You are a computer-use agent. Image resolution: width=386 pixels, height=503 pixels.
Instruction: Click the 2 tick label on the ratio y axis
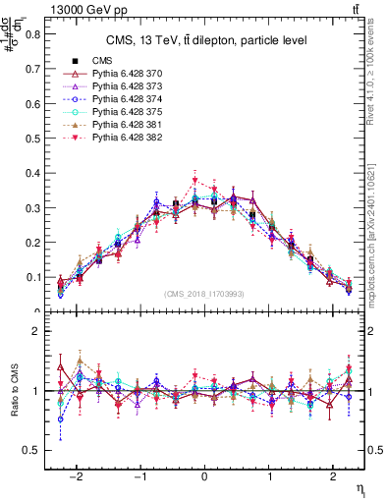(36, 332)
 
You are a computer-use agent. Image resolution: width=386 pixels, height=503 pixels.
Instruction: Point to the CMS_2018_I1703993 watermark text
(205, 294)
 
